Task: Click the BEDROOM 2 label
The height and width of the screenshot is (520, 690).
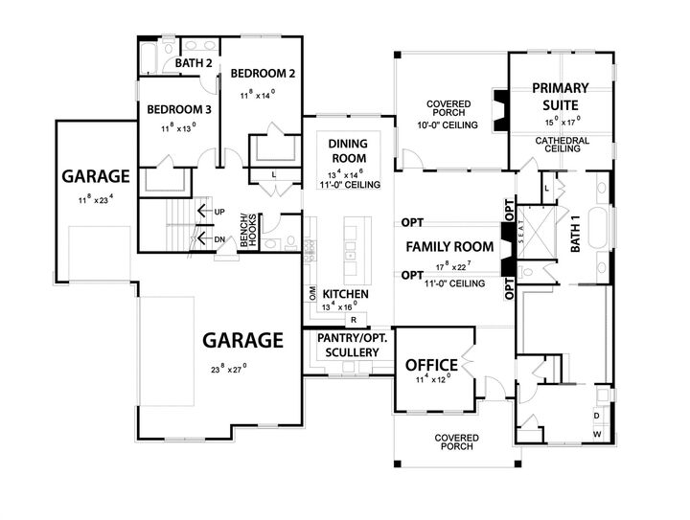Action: pyautogui.click(x=262, y=74)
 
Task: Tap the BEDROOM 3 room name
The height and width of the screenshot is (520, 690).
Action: pyautogui.click(x=178, y=108)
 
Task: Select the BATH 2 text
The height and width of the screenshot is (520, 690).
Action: pyautogui.click(x=192, y=64)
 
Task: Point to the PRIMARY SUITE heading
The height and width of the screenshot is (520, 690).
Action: pyautogui.click(x=561, y=96)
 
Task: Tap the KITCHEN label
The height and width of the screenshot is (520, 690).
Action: pyautogui.click(x=346, y=293)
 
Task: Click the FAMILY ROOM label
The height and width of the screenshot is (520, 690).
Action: pyautogui.click(x=449, y=247)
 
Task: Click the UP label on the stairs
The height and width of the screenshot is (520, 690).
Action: pyautogui.click(x=219, y=211)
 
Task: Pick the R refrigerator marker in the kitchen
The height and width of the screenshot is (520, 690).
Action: pyautogui.click(x=354, y=319)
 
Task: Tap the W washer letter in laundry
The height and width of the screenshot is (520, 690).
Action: pyautogui.click(x=597, y=435)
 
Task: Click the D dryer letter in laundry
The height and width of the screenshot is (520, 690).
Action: pyautogui.click(x=597, y=416)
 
